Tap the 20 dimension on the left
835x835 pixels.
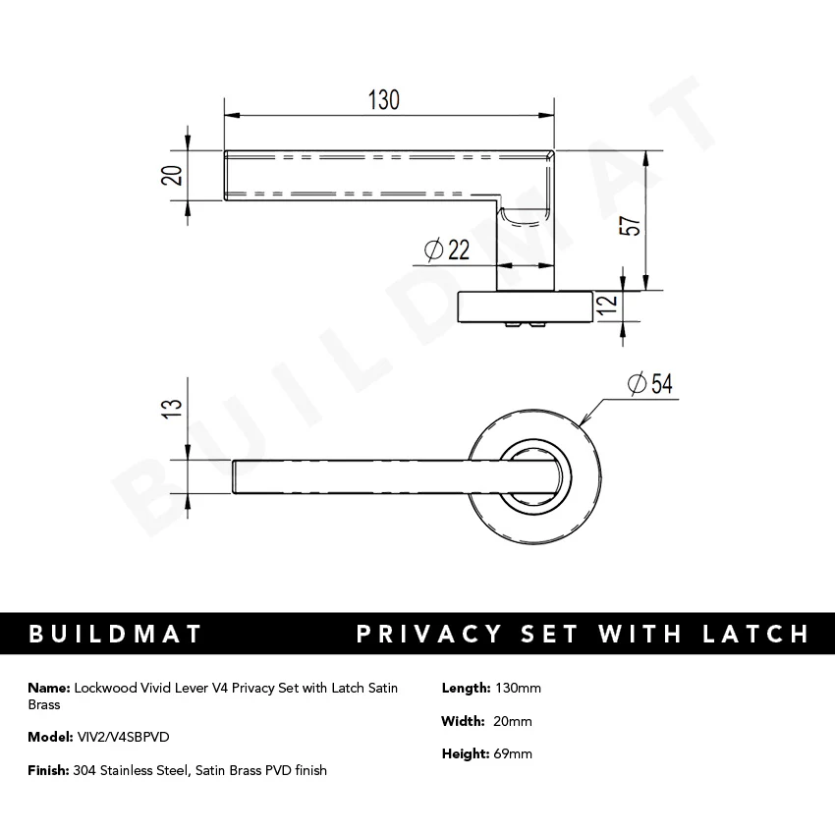click(x=172, y=175)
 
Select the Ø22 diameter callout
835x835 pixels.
click(x=447, y=251)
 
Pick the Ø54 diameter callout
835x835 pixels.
click(x=648, y=384)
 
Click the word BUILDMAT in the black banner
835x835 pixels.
click(x=116, y=634)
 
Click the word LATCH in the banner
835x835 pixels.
click(x=751, y=634)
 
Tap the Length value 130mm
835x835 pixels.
click(x=517, y=688)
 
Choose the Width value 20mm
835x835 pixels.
click(x=513, y=721)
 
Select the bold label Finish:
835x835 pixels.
click(x=48, y=770)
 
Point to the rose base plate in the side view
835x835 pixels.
click(x=526, y=306)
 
